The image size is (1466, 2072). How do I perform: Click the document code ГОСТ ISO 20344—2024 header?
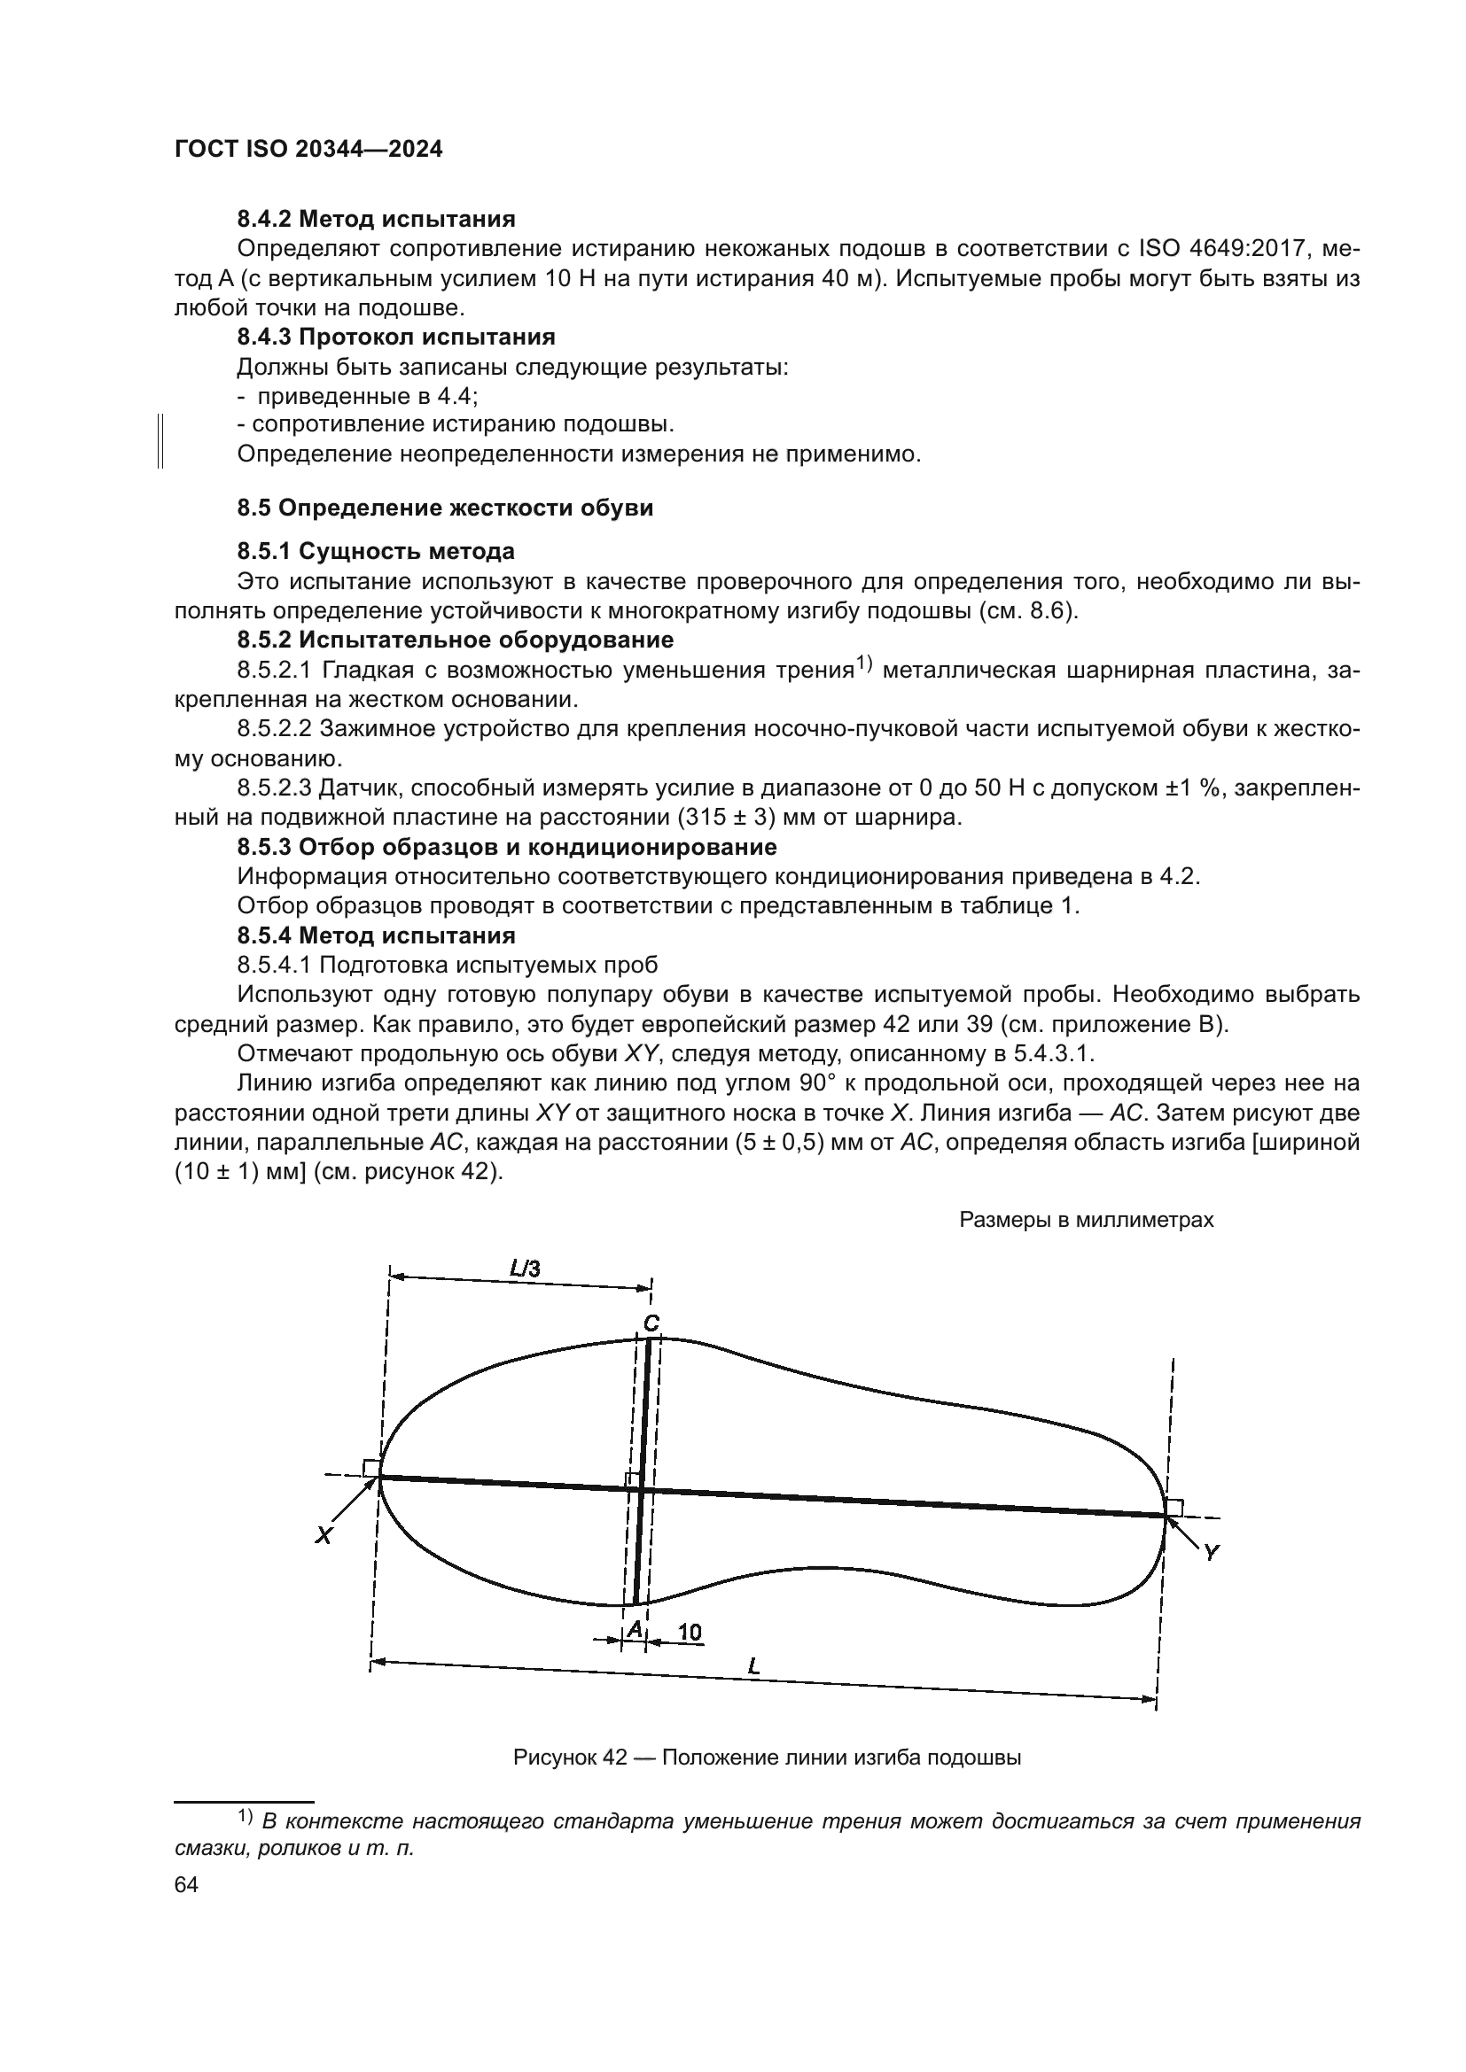[308, 150]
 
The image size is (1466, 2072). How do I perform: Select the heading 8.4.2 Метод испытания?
[376, 219]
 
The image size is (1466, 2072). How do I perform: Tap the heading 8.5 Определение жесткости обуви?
[445, 508]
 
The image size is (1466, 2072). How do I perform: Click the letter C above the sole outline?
[651, 1323]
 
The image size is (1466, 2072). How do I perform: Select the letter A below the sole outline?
[635, 1628]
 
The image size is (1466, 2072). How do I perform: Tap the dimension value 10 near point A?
[690, 1632]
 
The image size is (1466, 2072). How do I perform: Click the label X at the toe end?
[324, 1535]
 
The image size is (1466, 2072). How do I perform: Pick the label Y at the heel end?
[1212, 1551]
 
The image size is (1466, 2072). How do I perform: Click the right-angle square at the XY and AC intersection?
[633, 1479]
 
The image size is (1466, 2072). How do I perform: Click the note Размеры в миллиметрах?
[1086, 1220]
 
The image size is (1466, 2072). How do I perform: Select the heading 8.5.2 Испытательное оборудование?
[455, 640]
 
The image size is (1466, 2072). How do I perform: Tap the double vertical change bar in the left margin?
[160, 440]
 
